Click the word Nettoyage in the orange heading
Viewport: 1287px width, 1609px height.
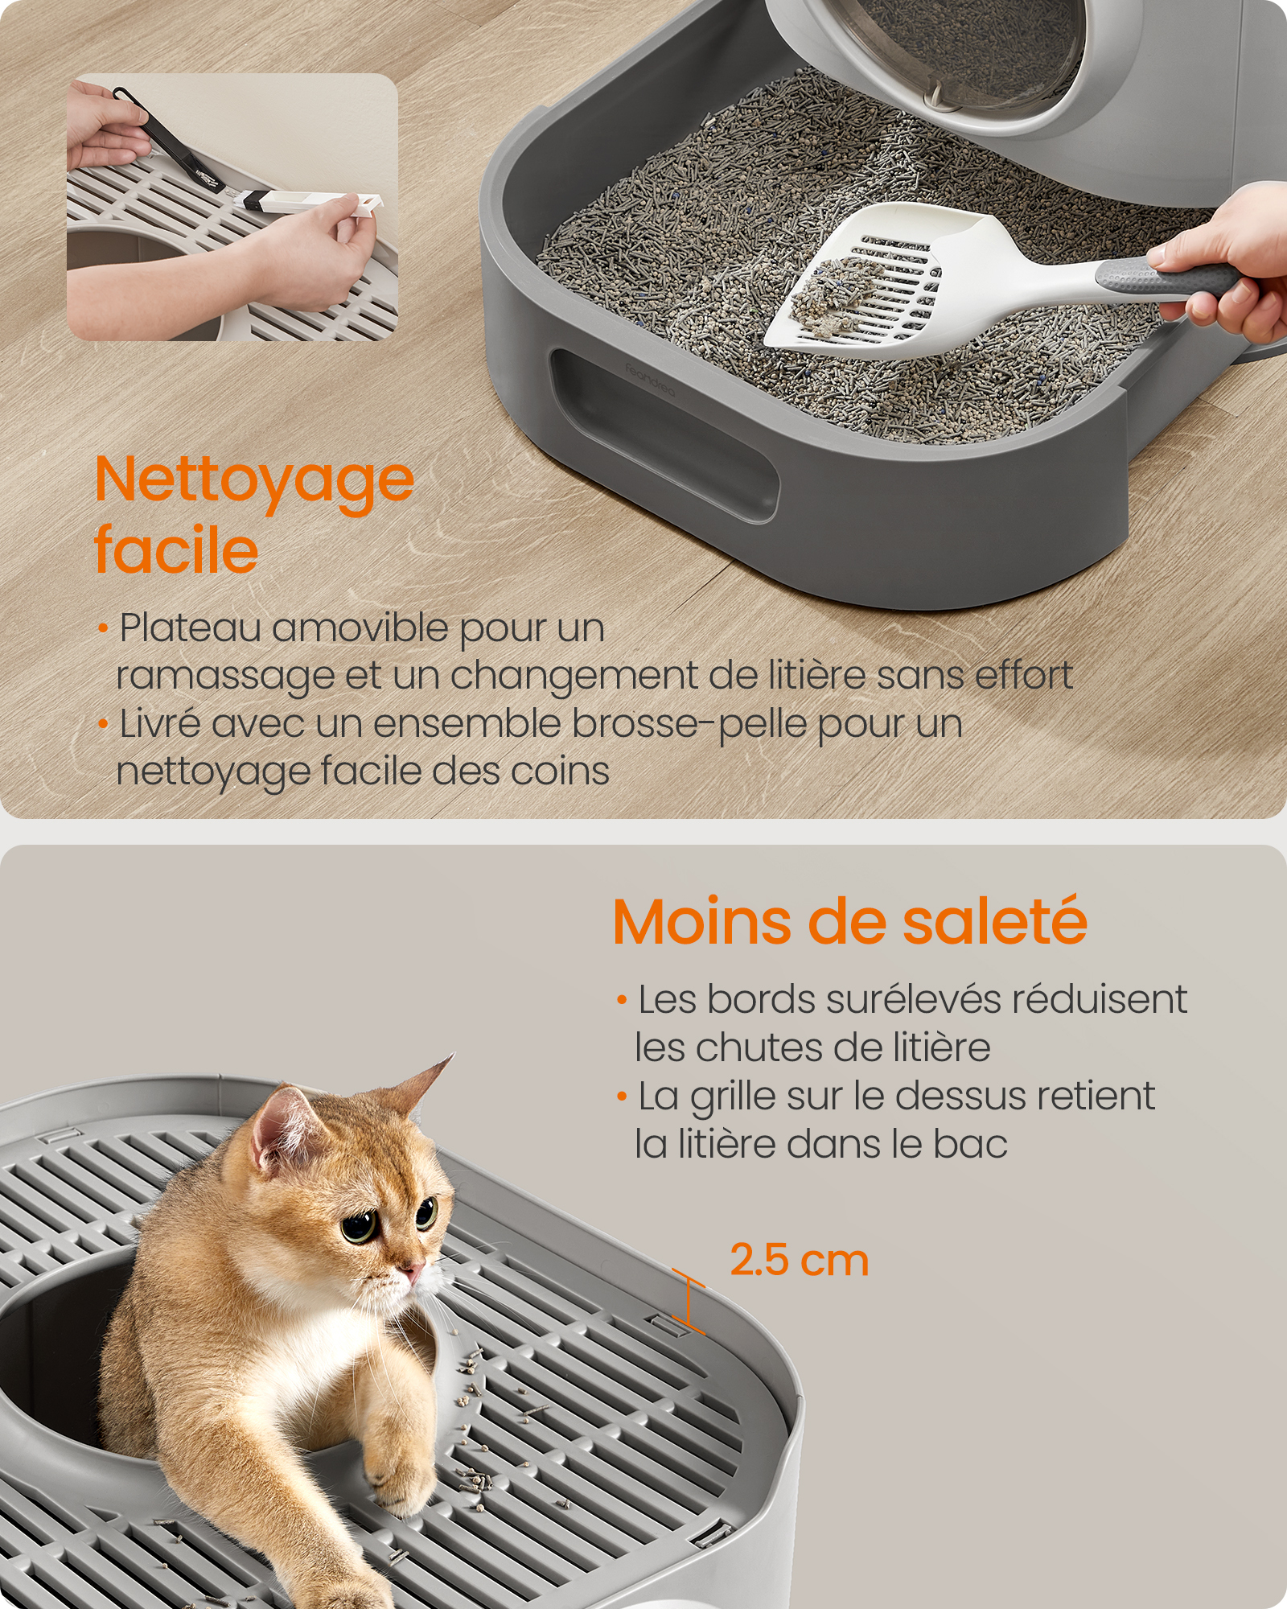254,481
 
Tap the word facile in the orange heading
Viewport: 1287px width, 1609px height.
176,551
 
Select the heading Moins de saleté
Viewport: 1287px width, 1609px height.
849,922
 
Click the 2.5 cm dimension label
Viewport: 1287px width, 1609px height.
799,1260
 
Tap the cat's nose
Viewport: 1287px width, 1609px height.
413,1271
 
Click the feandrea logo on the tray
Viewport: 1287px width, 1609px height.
650,380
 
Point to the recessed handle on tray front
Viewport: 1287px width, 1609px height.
664,434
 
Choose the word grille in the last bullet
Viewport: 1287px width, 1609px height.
733,1097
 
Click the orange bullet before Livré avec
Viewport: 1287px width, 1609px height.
102,724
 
